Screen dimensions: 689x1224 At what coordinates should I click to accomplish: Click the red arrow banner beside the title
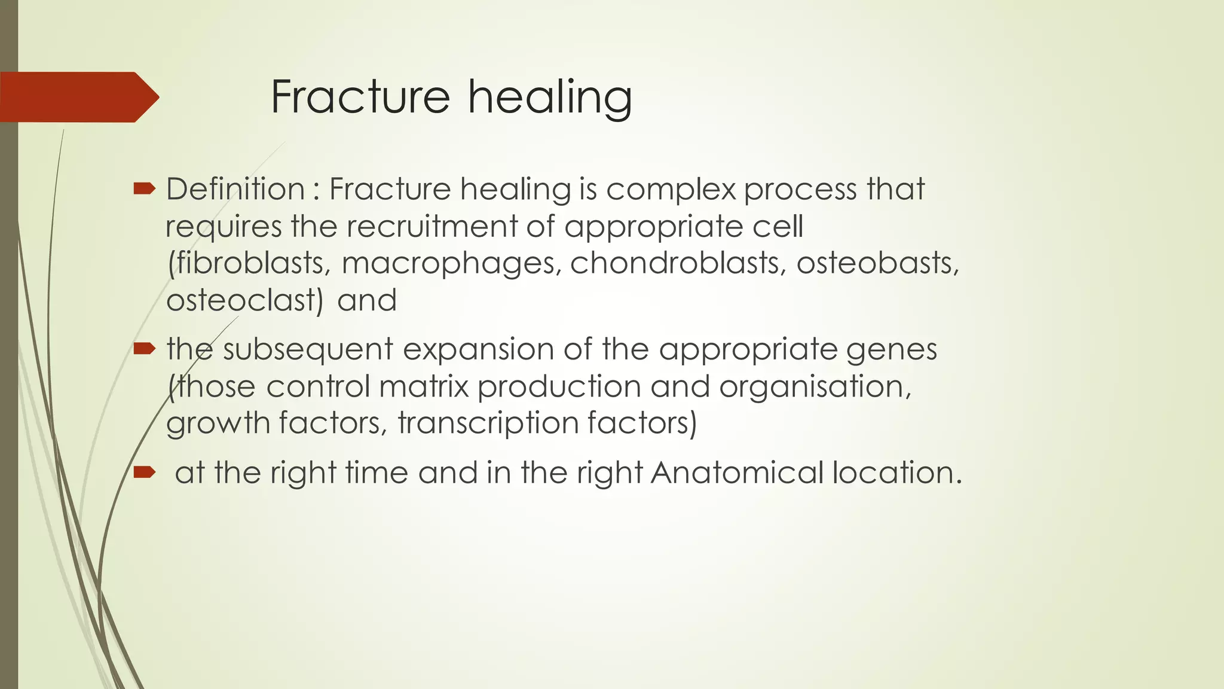pos(78,97)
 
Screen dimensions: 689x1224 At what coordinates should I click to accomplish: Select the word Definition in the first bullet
pos(235,190)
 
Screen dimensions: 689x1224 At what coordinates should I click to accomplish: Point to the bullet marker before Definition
pos(144,190)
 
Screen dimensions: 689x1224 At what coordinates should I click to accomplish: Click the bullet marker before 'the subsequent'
pos(144,349)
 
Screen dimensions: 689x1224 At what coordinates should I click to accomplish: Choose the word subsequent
pos(307,350)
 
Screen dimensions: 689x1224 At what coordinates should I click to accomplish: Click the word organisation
pos(815,388)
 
